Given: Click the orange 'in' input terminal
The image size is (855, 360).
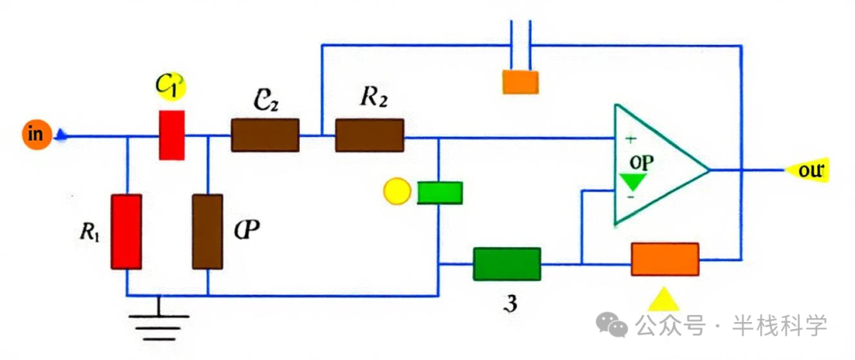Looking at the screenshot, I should pos(36,134).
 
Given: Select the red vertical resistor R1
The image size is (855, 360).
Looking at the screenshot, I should pos(127,231).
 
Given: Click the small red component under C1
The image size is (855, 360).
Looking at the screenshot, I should pos(172,135).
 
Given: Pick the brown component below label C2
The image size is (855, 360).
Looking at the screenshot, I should pos(264,135).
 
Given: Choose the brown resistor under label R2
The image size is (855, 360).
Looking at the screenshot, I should pos(370,135).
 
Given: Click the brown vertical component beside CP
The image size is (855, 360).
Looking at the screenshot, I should pos(207,231).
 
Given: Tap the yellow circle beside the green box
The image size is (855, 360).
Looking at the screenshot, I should pos(396,192).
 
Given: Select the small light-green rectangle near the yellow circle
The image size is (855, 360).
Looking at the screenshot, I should pos(439,193).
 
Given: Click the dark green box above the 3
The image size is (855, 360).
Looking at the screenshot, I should pos(507,263).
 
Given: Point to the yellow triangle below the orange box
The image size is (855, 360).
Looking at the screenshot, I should pos(663,298).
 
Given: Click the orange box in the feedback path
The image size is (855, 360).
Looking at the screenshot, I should pos(665,259).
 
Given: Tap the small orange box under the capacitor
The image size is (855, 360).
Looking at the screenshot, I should pos(520,82).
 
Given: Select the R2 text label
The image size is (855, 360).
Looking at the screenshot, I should pos(373,97).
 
